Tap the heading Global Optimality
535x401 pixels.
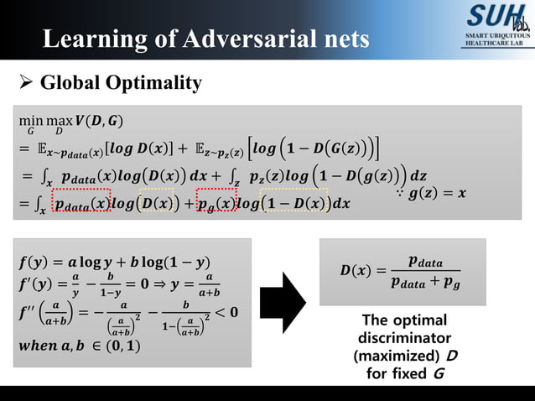[121, 82]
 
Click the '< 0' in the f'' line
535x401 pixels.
[227, 313]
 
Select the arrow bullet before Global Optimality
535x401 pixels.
[26, 82]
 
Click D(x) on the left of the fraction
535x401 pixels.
[356, 272]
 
